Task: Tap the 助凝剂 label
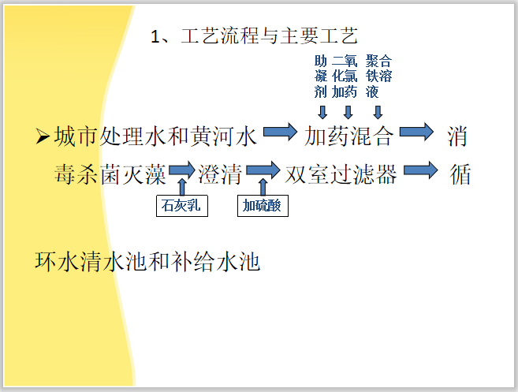click(x=320, y=76)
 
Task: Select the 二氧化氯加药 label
click(x=345, y=76)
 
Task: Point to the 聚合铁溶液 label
click(x=378, y=76)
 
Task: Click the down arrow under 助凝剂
click(x=320, y=110)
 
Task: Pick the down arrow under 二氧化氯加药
click(x=348, y=110)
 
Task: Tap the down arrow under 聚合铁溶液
click(x=378, y=110)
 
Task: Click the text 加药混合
click(x=349, y=137)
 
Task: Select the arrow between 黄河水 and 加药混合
click(x=281, y=133)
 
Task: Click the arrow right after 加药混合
click(x=416, y=133)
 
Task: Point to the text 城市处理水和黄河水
click(x=156, y=137)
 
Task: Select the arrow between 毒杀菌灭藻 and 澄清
click(x=181, y=170)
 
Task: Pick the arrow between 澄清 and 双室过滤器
click(x=263, y=170)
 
